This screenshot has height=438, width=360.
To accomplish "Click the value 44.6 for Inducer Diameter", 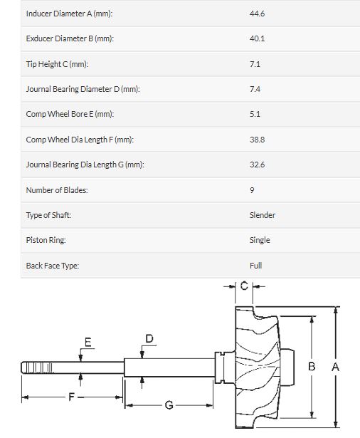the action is click(257, 14).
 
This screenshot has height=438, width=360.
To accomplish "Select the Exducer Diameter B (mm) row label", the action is click(70, 38).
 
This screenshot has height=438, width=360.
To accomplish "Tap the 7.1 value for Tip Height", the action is click(255, 64).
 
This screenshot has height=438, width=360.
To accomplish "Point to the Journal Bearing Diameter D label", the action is click(83, 89).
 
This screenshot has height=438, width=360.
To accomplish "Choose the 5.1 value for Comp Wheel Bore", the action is click(255, 114).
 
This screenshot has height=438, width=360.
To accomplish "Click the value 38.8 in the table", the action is click(257, 140).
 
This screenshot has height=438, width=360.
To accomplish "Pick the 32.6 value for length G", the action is click(257, 165).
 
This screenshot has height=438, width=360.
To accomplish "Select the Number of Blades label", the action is click(57, 190).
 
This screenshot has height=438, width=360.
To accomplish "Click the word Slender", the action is click(263, 215).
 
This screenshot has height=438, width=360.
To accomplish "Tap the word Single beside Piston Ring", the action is click(260, 240).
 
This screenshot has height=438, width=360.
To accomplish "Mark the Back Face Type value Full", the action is click(255, 266).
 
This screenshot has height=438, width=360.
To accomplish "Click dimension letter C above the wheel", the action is click(244, 286).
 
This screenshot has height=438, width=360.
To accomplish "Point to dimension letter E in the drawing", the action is click(88, 342).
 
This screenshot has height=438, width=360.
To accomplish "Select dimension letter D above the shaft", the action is click(149, 338).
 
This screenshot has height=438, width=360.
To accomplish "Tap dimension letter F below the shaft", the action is click(71, 397).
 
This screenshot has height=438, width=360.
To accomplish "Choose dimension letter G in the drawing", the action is click(169, 405).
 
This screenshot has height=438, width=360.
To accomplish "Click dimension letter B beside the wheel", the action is click(312, 366).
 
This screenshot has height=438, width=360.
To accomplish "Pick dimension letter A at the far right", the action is click(335, 367).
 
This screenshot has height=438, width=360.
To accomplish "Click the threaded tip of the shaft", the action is click(37, 367).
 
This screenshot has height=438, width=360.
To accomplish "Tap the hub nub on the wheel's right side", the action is click(287, 367).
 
